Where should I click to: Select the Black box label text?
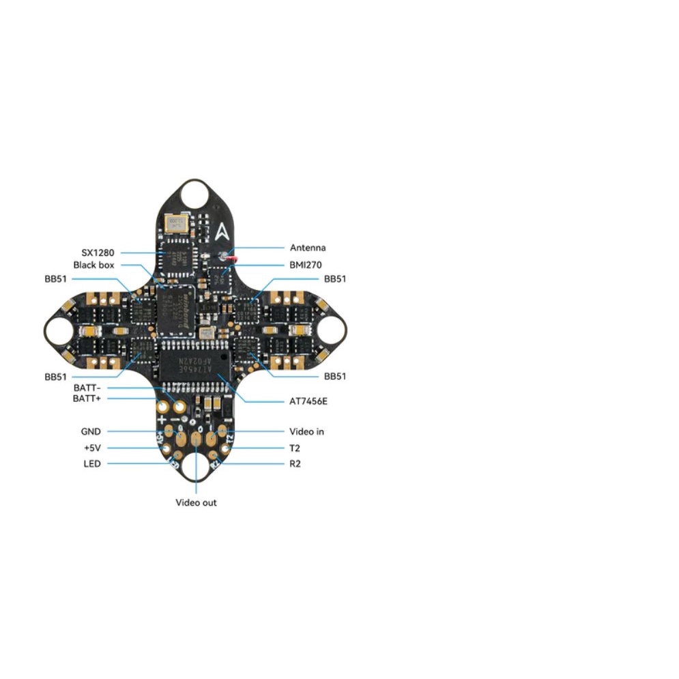[x=93, y=265]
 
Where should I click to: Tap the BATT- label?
[x=87, y=388]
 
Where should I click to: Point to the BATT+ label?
[x=87, y=399]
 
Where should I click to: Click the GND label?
[x=91, y=431]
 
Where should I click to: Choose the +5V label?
[x=91, y=448]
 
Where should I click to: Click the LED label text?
[x=92, y=464]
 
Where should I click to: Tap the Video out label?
[x=197, y=503]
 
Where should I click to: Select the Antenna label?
[x=308, y=248]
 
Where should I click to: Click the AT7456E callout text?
[x=308, y=401]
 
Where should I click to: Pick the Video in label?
[x=306, y=431]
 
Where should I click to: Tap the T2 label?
[x=295, y=448]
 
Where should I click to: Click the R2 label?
[x=295, y=464]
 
